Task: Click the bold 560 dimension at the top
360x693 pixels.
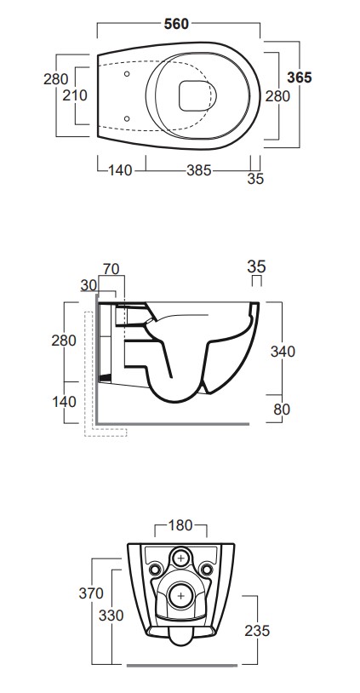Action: coord(176,24)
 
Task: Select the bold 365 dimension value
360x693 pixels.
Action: coord(300,77)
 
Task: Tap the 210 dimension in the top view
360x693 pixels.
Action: coord(75,95)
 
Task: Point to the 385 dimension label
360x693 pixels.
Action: coord(199,170)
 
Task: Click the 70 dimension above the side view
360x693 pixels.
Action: coord(111,269)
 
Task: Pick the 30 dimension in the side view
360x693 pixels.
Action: coord(89,285)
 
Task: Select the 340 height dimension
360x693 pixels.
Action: coord(283,352)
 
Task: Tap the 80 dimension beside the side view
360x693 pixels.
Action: coord(282,409)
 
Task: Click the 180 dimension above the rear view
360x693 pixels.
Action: coord(180,525)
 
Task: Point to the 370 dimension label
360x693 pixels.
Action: coord(91,593)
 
